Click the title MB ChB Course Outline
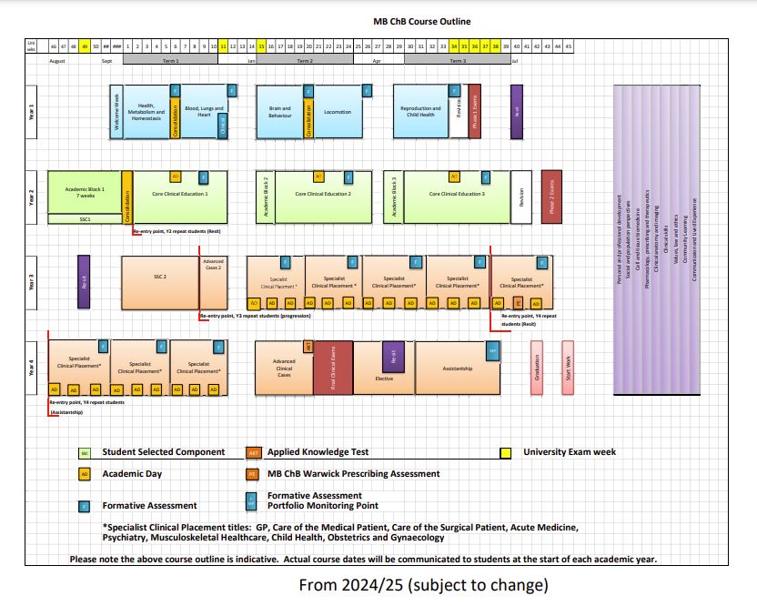click(421, 22)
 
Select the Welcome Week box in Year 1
click(116, 113)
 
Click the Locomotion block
click(338, 113)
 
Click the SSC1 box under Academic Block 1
click(84, 219)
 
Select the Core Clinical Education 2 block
click(323, 194)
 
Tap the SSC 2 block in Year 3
click(160, 277)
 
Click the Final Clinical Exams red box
click(332, 368)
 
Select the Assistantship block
click(457, 369)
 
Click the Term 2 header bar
click(305, 60)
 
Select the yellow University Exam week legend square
click(506, 452)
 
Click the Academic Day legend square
click(85, 474)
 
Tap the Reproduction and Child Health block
click(420, 112)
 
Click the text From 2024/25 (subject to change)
click(423, 583)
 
